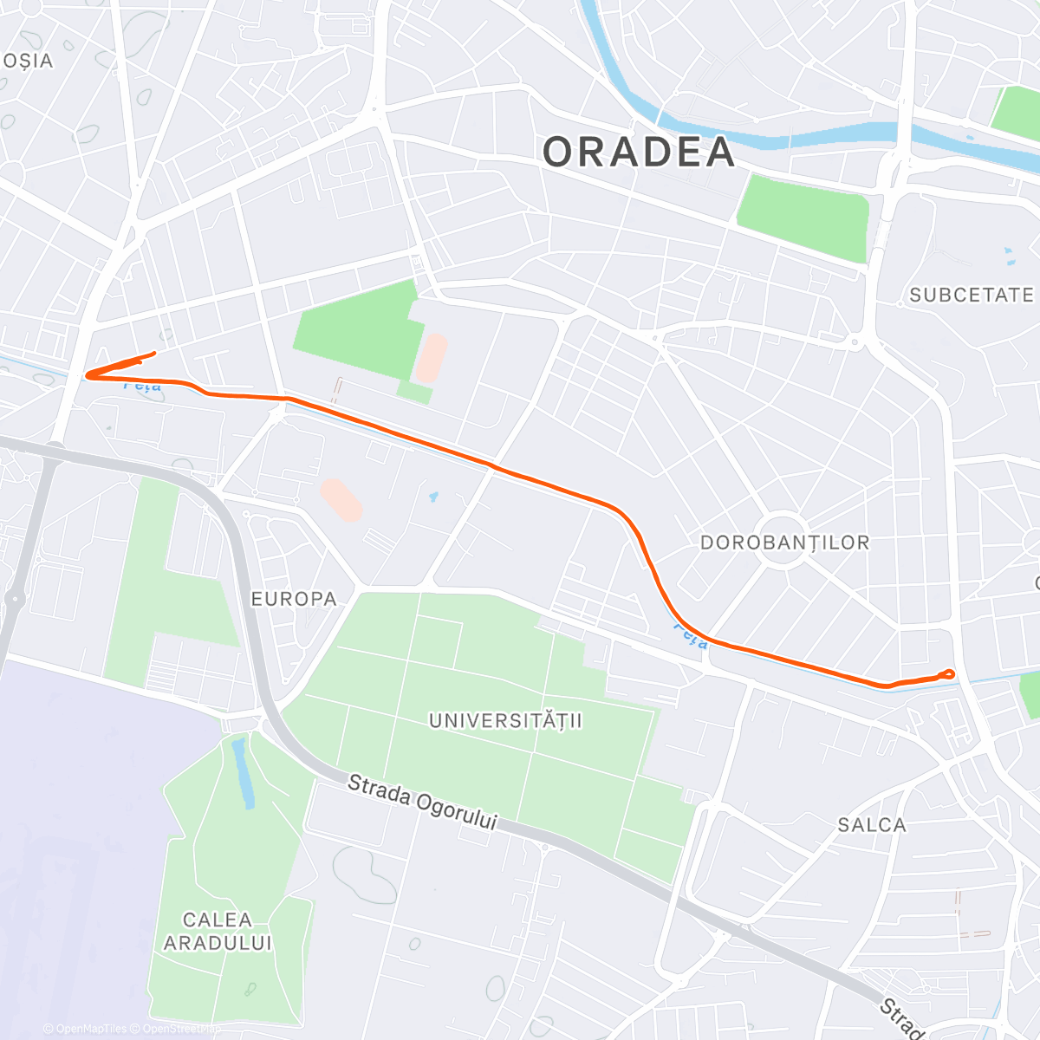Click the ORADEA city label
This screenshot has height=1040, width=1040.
click(x=639, y=153)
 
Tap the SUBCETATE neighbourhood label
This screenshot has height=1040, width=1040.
click(x=971, y=296)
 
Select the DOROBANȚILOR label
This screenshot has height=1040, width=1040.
click(x=784, y=543)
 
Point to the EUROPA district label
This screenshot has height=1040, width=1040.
click(x=294, y=599)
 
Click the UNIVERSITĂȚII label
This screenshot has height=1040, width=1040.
click(x=506, y=720)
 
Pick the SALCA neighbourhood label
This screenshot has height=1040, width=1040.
click(x=872, y=825)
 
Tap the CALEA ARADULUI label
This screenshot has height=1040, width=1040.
click(x=218, y=931)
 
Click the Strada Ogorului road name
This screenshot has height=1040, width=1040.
click(x=422, y=803)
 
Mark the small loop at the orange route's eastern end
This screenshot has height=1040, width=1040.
click(x=948, y=673)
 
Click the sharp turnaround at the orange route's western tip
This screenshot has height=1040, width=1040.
click(x=88, y=374)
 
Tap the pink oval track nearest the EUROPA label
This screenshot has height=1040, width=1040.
click(x=341, y=500)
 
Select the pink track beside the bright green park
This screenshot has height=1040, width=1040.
click(x=431, y=359)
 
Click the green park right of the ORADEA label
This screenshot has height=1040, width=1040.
click(x=803, y=218)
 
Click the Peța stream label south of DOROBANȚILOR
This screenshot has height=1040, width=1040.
click(x=691, y=638)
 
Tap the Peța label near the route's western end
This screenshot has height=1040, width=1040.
click(x=142, y=386)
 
